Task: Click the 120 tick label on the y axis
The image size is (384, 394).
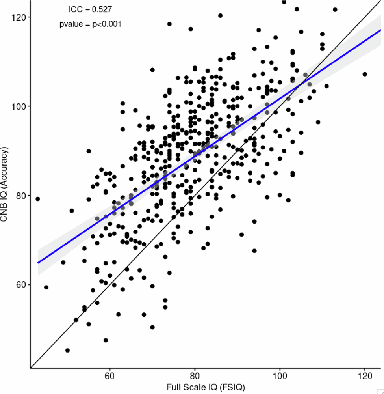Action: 19,17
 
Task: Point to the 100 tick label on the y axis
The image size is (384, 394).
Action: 19,106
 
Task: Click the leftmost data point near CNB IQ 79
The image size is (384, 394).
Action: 38,199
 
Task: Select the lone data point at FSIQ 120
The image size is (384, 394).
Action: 365,74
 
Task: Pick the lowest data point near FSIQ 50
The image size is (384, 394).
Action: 67,350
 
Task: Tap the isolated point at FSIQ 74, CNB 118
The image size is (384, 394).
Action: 169,24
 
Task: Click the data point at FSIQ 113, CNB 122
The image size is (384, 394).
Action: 335,9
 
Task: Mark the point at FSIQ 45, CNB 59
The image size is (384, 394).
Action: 46,287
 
